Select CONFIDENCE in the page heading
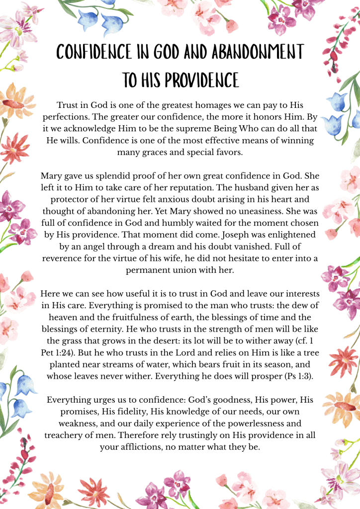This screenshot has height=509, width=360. tap(92, 52)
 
